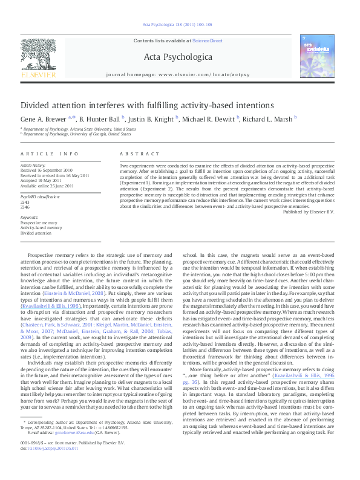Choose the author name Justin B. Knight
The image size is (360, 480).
point(151,118)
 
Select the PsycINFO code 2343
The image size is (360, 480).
point(25,202)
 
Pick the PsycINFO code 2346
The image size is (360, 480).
point(25,207)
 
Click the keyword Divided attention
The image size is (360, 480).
point(36,233)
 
